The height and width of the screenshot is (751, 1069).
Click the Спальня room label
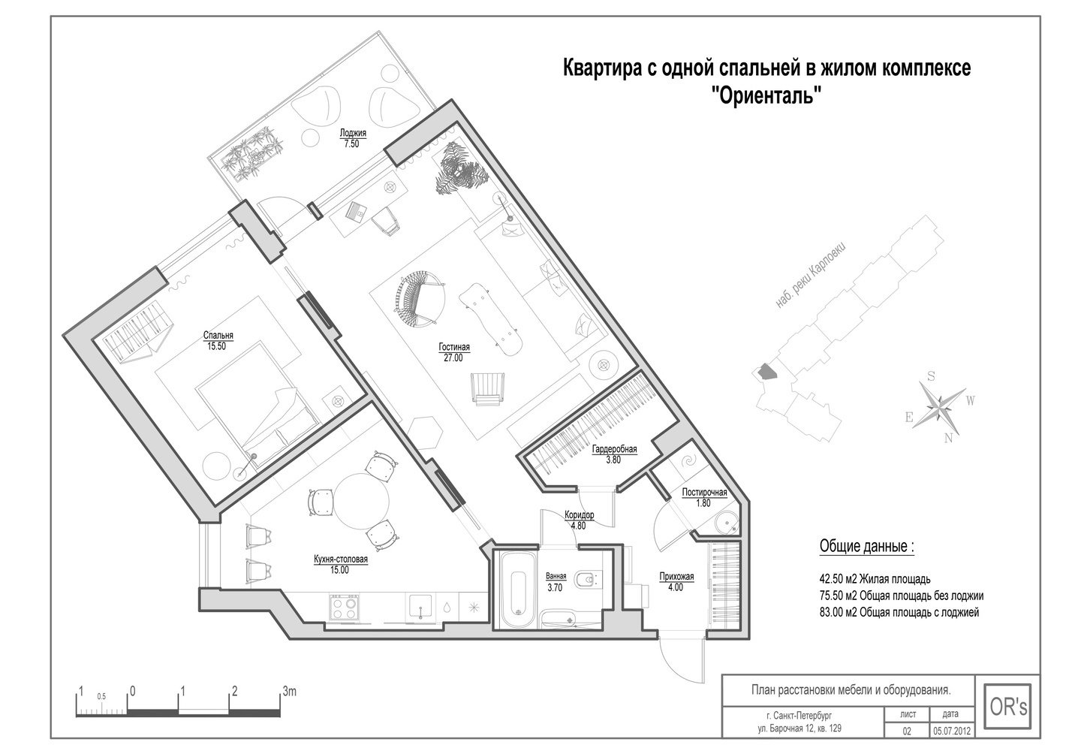(218, 335)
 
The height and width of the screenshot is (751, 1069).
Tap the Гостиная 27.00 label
(454, 352)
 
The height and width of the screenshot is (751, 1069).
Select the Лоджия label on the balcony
(353, 133)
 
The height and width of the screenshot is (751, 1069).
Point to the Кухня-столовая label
(341, 559)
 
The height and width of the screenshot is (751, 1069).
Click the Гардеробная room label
(614, 449)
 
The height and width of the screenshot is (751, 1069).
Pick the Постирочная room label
(704, 492)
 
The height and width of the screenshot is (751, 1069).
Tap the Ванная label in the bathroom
(556, 576)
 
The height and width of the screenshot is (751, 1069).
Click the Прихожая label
(676, 576)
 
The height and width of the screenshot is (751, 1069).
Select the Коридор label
(579, 515)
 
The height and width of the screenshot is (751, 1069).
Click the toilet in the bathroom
(589, 581)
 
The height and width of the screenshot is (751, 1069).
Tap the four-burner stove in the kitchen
(344, 608)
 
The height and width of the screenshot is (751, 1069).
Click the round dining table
(361, 500)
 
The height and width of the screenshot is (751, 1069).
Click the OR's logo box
(1008, 707)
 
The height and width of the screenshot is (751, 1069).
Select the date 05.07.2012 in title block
(950, 744)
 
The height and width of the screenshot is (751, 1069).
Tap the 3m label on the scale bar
(289, 691)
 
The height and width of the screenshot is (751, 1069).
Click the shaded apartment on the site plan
(765, 371)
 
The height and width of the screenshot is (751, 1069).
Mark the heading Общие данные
(866, 546)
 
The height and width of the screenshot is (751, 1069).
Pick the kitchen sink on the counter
(420, 608)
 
